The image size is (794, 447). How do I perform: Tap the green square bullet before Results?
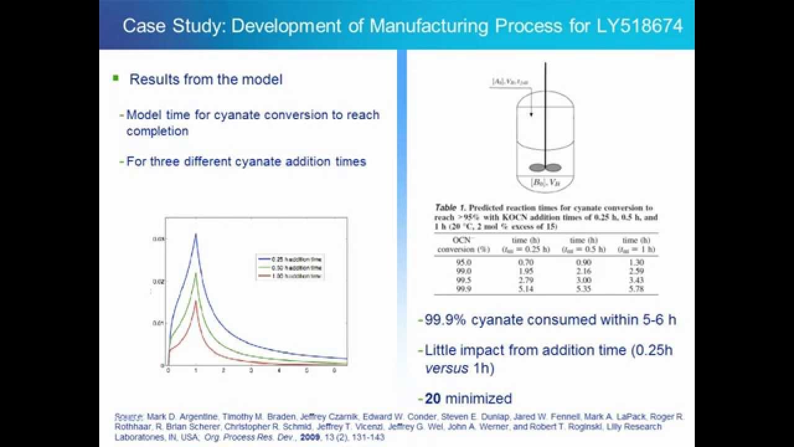point(115,78)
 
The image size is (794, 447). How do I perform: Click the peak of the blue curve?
point(195,234)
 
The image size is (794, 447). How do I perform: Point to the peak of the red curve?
point(195,301)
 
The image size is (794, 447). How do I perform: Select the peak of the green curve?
point(195,273)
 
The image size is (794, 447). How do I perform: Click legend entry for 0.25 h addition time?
point(291,258)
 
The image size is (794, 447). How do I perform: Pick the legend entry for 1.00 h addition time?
point(291,274)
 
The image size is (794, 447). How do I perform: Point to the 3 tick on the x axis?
point(251,371)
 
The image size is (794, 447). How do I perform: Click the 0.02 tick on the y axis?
point(158,282)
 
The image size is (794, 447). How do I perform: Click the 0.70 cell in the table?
point(525,263)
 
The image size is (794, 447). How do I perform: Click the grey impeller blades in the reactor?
point(545,167)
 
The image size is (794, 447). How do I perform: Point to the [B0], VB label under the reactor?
point(545,183)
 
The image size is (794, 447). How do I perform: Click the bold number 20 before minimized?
point(432,398)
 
